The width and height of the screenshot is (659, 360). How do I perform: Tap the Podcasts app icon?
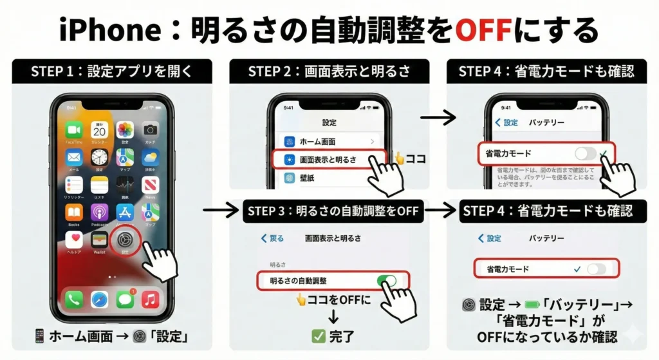point(99,213)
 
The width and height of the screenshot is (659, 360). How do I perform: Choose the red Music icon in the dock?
point(150,299)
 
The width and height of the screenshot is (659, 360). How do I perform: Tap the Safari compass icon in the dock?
point(99,299)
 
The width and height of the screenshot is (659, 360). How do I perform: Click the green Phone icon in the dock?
point(74,299)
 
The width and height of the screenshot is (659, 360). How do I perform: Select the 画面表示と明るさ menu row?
point(329,159)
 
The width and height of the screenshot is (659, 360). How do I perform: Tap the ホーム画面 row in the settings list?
point(329,141)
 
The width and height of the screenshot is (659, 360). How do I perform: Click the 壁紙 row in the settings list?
point(329,178)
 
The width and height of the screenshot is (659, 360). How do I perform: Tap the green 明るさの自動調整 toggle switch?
point(386,281)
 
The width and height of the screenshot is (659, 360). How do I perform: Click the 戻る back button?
point(272,238)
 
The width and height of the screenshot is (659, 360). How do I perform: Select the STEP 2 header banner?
point(329,71)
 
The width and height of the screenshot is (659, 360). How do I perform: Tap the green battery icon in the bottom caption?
point(532,305)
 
